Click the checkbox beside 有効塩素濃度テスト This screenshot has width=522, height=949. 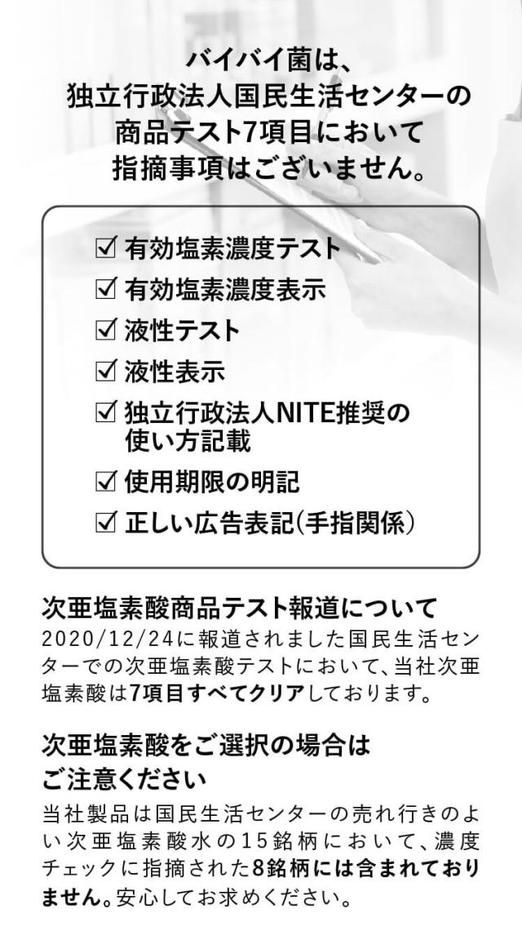click(106, 247)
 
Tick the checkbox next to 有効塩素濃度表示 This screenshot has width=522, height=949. click(106, 289)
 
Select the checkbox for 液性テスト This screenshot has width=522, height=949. click(106, 330)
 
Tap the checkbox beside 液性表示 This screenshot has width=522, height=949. click(106, 372)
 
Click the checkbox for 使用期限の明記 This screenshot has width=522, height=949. click(106, 481)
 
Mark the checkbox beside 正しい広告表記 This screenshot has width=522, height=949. click(106, 522)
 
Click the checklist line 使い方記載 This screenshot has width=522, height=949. click(187, 442)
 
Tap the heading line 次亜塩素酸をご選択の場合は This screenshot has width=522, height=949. click(206, 745)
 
